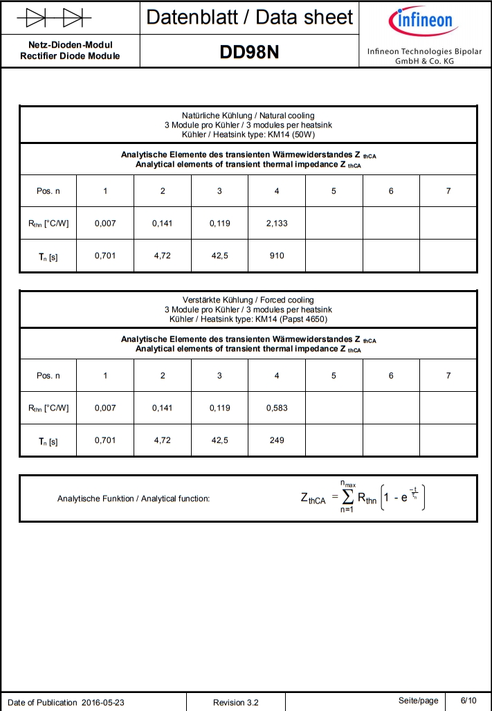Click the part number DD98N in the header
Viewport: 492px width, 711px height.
click(x=249, y=52)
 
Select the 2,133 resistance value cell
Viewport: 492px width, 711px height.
click(x=277, y=223)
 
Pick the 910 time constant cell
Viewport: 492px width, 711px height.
click(x=277, y=255)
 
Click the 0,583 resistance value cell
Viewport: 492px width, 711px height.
click(x=277, y=408)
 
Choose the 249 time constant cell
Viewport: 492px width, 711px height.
click(x=277, y=440)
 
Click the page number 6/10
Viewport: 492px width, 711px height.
click(x=468, y=701)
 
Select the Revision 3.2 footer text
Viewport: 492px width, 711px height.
click(x=236, y=703)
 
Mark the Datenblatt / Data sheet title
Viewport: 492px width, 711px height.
click(x=249, y=17)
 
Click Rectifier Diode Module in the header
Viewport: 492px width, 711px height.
click(x=70, y=56)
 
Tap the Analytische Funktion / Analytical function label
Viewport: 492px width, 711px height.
click(x=134, y=498)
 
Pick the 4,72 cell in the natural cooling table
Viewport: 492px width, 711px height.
click(x=163, y=255)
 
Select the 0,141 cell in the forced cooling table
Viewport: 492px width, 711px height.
click(x=163, y=408)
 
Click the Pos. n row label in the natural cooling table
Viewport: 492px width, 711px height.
click(x=48, y=191)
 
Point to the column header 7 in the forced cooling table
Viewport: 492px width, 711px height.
click(x=448, y=375)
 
